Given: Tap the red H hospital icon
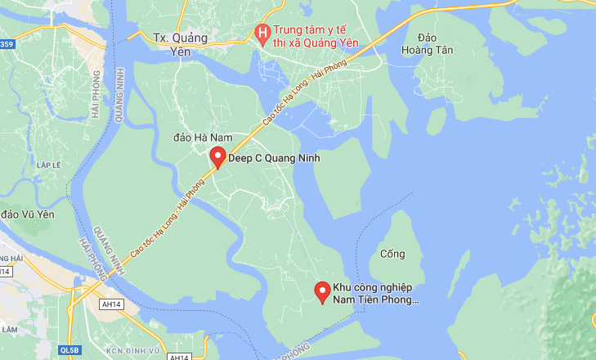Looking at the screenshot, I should click(262, 34).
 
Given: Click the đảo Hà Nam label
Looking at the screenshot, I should click(204, 137).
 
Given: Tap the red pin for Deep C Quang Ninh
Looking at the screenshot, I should click(217, 157).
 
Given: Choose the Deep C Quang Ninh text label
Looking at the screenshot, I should click(273, 158).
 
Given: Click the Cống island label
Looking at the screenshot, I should click(392, 254).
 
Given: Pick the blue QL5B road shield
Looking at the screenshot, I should click(70, 350).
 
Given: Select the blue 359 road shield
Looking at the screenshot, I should click(7, 44).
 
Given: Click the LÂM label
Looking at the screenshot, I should click(9, 329).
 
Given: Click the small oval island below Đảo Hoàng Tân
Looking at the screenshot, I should click(437, 121).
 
